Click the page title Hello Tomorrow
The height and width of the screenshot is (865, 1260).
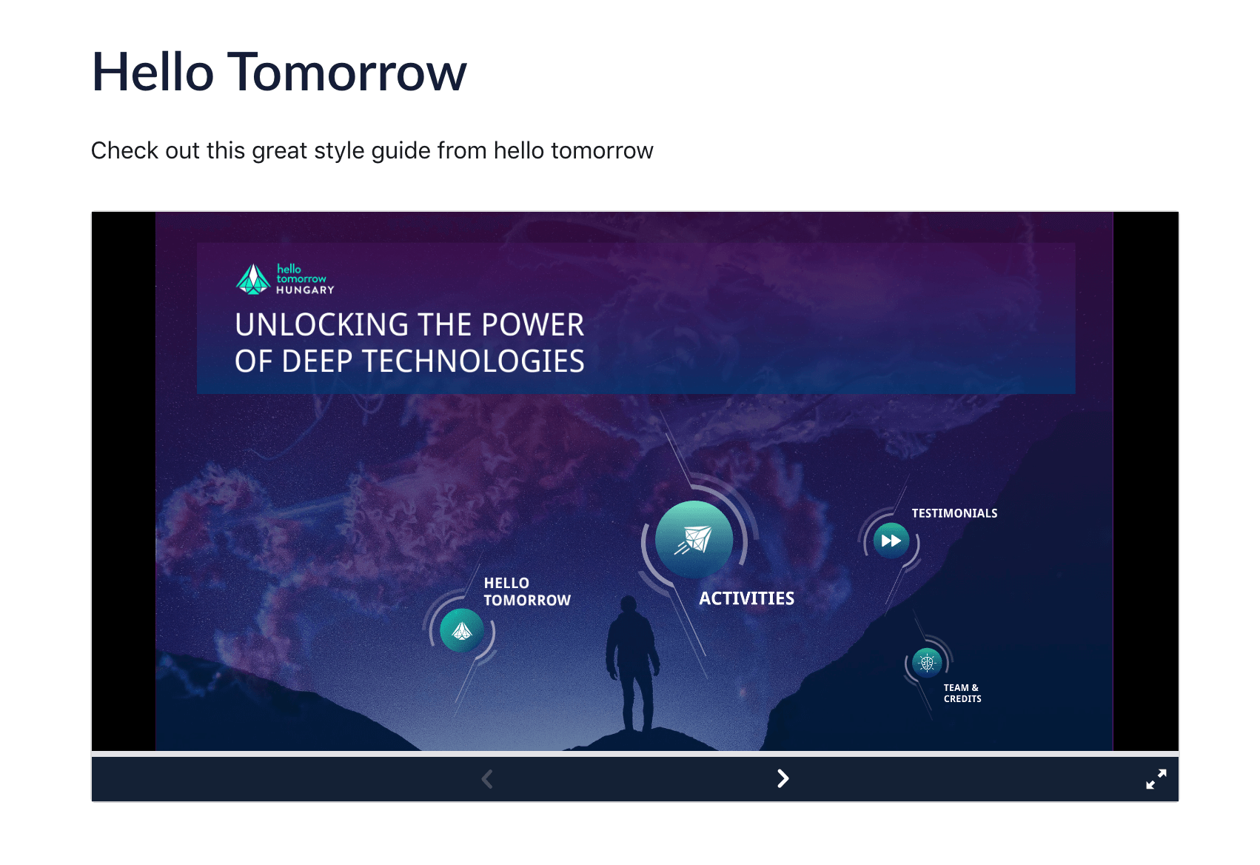(x=279, y=73)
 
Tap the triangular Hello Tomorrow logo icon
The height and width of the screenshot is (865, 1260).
(x=253, y=279)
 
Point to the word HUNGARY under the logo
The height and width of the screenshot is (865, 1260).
(x=305, y=290)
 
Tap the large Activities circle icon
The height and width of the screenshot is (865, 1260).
(x=694, y=539)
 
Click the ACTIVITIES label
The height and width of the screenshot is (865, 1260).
(x=746, y=598)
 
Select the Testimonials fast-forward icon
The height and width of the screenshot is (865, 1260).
(x=891, y=541)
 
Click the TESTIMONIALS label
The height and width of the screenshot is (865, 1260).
(x=954, y=513)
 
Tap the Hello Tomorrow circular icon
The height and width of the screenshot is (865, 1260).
(x=462, y=631)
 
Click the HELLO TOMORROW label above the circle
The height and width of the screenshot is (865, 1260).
(x=526, y=592)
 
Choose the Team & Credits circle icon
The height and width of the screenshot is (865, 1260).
(x=927, y=663)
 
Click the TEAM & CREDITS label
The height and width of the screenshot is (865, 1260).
(x=962, y=693)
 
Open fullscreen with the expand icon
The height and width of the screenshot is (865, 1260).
(x=1156, y=778)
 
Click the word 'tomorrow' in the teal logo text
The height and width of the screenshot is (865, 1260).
(x=301, y=279)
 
